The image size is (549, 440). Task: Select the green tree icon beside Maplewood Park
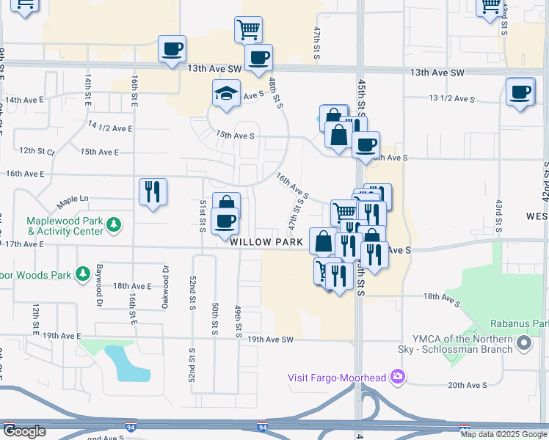(113, 224)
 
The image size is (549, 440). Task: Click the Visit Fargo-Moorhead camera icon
(398, 377)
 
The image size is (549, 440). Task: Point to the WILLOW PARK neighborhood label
(266, 241)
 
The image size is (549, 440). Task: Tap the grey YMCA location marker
(523, 343)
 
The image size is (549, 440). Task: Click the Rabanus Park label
(521, 323)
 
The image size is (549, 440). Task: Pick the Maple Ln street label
(73, 199)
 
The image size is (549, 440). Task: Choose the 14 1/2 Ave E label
(110, 128)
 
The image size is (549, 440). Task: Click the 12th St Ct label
(37, 150)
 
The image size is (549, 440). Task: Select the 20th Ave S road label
(468, 385)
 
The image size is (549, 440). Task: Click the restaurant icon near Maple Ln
(153, 192)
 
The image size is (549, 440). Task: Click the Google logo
(24, 431)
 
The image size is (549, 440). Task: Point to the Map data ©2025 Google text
(503, 434)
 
